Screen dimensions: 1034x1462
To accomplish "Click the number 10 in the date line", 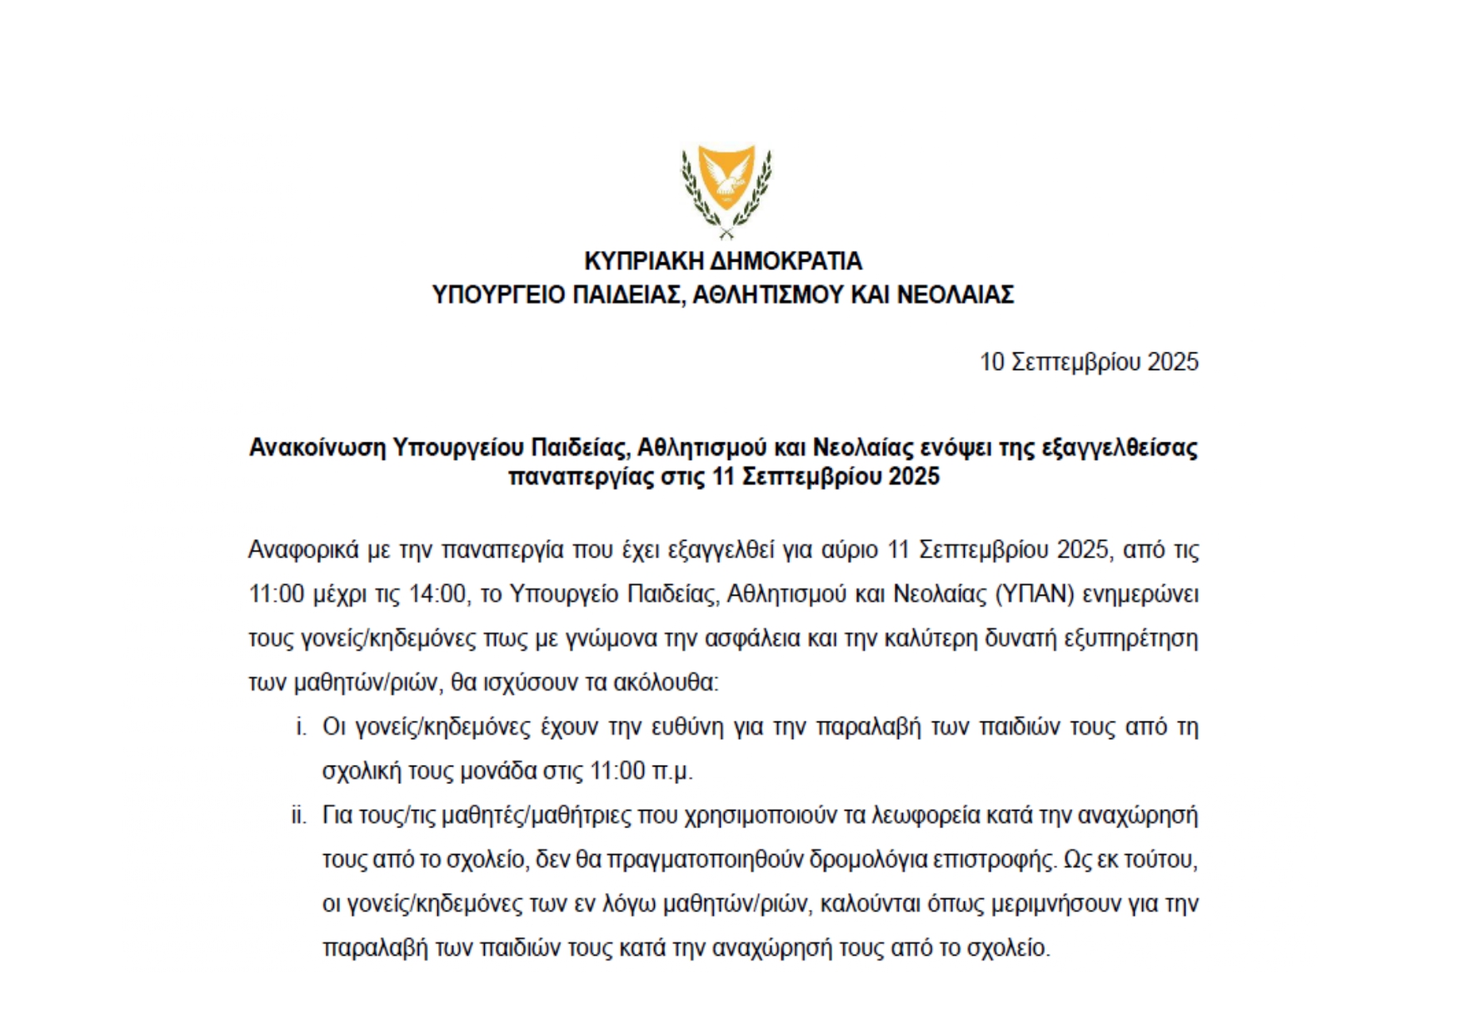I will (992, 362).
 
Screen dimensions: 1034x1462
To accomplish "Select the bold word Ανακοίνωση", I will (317, 448).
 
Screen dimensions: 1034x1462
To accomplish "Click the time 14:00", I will (437, 595).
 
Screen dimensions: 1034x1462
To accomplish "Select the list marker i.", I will (302, 727).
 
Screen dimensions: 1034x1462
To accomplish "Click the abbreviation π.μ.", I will (672, 772).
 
